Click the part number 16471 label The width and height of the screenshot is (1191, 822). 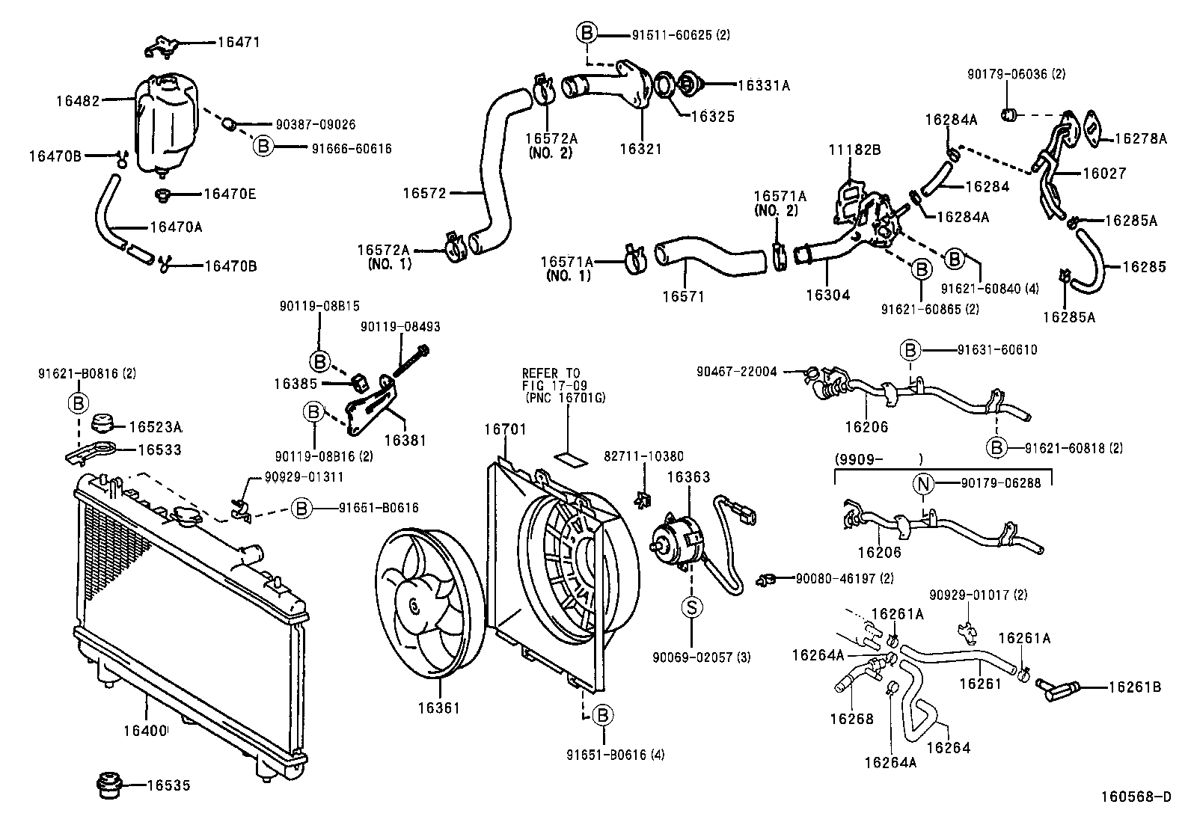pos(239,43)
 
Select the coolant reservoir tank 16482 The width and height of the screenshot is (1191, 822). pos(166,123)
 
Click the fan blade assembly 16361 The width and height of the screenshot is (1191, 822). pos(425,606)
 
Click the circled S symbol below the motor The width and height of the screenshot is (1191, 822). pos(691,607)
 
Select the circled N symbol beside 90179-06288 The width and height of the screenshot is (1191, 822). pos(924,483)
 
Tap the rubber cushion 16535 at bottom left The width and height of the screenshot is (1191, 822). pos(109,785)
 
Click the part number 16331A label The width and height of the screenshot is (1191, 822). pos(763,85)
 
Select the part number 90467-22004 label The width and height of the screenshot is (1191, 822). pos(736,371)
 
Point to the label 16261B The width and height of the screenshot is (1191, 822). pos(1134,687)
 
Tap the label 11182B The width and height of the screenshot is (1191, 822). pos(855,150)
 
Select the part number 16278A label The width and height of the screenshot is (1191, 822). pos(1140,138)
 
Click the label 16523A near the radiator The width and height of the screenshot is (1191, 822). pos(156,427)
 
